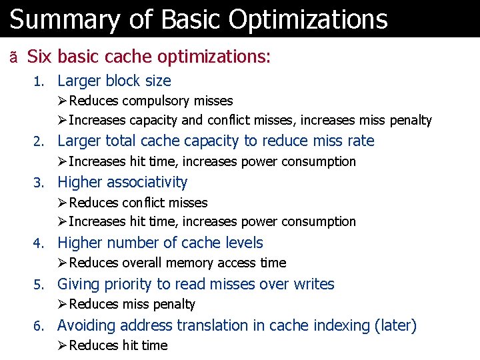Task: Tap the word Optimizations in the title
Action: click(x=307, y=19)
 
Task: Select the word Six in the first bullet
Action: click(x=39, y=57)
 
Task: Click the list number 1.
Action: click(x=38, y=81)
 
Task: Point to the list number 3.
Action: click(x=38, y=183)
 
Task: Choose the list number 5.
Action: click(x=38, y=285)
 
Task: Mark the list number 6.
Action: click(x=38, y=326)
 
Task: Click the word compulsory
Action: click(x=155, y=101)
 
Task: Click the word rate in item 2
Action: click(x=360, y=141)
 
